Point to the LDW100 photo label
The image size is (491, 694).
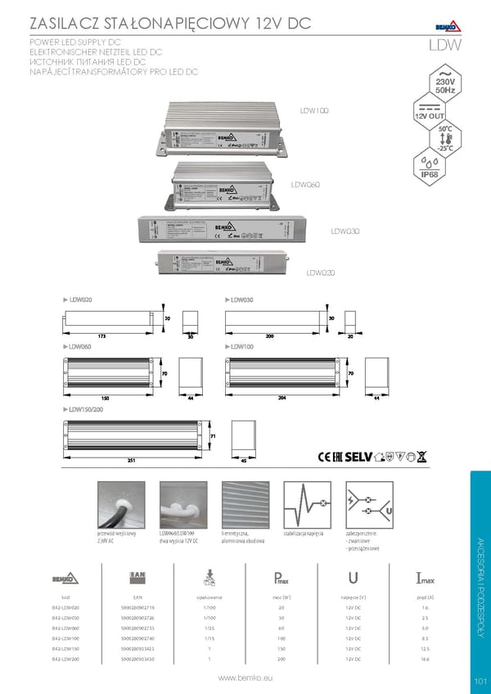(x=313, y=110)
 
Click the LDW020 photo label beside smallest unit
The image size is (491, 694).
(x=322, y=273)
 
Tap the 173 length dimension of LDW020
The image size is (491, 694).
(x=101, y=336)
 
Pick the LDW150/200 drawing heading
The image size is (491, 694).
(x=88, y=408)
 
